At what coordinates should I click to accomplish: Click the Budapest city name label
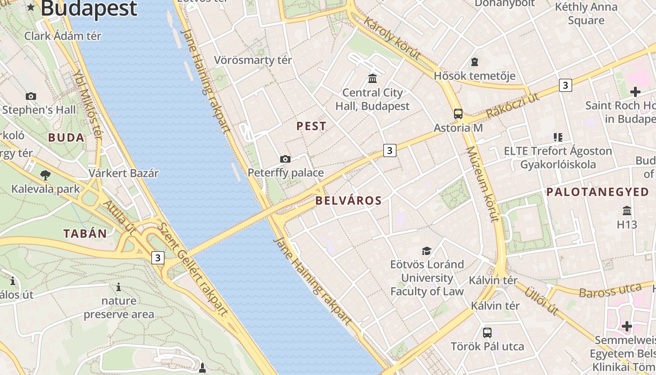coord(89,8)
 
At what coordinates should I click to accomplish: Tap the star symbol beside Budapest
coord(31,7)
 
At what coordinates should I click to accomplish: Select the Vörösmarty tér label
coord(253,60)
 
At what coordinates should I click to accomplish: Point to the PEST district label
coord(312,126)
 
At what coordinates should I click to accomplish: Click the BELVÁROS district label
coord(349,201)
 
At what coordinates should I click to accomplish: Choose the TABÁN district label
coord(85,233)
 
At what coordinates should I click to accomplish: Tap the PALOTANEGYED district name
coord(598,192)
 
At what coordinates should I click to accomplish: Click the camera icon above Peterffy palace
coord(285,159)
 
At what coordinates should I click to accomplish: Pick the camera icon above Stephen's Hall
coord(31,96)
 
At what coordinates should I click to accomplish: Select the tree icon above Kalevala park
coord(45,176)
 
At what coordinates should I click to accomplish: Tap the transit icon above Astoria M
coord(458,113)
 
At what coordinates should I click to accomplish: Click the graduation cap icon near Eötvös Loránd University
coord(426,251)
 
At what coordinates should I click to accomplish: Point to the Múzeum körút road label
coord(481,184)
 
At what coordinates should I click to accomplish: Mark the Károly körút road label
coord(392,38)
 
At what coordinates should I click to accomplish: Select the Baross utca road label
coord(610,291)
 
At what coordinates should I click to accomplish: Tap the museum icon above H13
coord(627,210)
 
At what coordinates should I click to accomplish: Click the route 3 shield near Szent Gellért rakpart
coord(158,257)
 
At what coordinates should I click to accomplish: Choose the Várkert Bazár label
coord(124,173)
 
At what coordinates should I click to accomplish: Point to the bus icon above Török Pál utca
coord(487,333)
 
